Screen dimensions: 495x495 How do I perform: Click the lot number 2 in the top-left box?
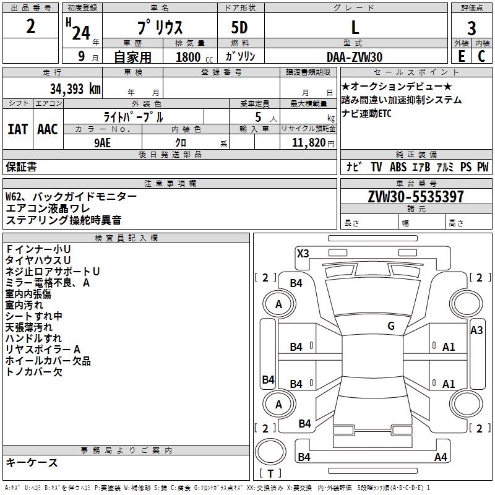[x=31, y=27]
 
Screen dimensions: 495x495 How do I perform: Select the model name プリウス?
[x=159, y=28]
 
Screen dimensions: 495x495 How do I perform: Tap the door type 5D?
[x=240, y=28]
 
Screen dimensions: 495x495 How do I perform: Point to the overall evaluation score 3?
[x=471, y=28]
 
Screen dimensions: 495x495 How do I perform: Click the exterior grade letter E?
[x=461, y=56]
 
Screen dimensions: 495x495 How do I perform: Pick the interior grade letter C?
[x=481, y=56]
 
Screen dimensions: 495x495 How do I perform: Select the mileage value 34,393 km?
[x=75, y=89]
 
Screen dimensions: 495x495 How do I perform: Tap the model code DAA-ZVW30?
[x=355, y=56]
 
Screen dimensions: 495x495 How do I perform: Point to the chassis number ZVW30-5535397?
[x=415, y=197]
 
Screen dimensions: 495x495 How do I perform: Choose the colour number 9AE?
[x=103, y=142]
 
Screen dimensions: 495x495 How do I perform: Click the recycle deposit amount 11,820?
[x=308, y=143]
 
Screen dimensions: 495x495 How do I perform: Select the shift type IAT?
[x=18, y=129]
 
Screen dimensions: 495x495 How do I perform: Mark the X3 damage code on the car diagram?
[x=303, y=253]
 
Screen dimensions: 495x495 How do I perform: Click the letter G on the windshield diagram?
[x=390, y=326]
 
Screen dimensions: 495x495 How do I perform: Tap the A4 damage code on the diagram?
[x=441, y=457]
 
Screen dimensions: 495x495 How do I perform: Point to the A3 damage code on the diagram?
[x=476, y=330]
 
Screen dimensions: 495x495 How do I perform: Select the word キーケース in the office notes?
[x=32, y=463]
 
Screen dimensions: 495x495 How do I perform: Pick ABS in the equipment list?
[x=398, y=167]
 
